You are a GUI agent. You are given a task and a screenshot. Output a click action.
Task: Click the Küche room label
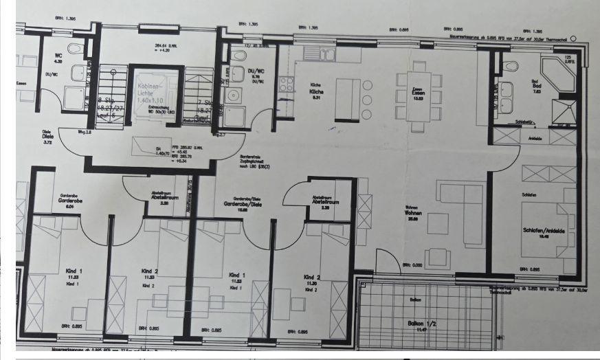point(316,91)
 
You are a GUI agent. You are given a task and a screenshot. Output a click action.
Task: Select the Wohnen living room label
point(412,213)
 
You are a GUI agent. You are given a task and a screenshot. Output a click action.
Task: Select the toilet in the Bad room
point(510,66)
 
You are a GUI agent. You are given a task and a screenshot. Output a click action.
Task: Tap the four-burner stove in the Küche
point(286,85)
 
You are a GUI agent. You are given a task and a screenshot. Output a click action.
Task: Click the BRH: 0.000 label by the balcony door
point(412,264)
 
